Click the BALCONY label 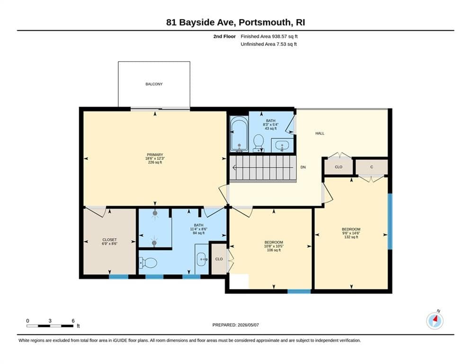pos(154,84)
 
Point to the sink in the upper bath pos(282,146)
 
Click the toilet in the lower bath pos(148,263)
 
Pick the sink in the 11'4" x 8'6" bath pos(202,259)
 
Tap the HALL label pos(320,133)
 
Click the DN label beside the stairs pos(303,167)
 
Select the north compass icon pos(435,321)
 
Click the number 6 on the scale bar pos(73,321)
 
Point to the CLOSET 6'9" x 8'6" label pos(110,242)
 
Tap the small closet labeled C pos(372,167)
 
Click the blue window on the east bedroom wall pos(390,221)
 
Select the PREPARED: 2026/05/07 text pos(236,325)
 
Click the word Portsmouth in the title pos(265,23)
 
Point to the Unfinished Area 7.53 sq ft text pos(268,44)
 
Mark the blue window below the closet pos(119,276)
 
